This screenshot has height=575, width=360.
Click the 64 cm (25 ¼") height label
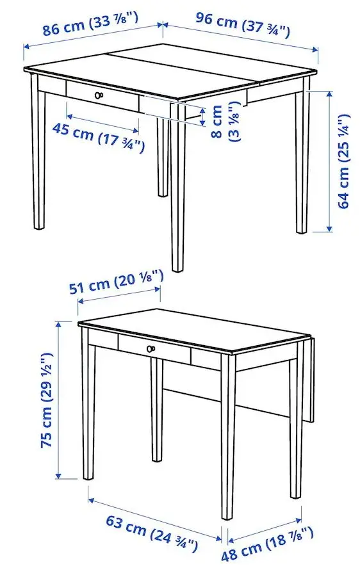345,161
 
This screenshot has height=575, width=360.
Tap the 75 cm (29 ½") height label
47,401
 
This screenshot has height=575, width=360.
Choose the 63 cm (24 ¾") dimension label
151,532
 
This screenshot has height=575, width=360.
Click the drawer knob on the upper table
99,95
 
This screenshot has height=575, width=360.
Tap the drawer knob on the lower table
151,348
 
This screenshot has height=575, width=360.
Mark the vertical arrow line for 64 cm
329,161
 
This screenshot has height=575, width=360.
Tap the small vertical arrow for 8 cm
203,115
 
